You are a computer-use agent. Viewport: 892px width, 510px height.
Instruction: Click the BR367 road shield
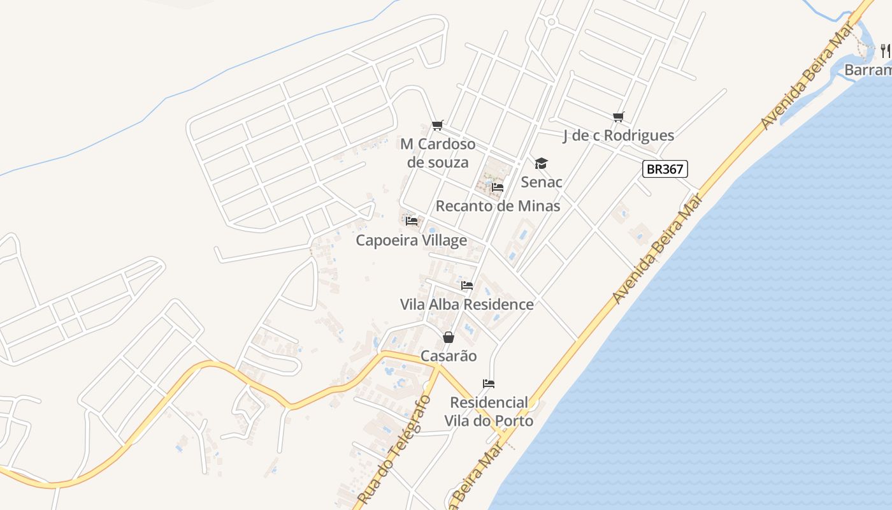pos(665,169)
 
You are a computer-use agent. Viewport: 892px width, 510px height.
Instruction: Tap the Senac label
pos(542,182)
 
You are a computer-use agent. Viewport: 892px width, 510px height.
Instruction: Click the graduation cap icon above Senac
pos(541,164)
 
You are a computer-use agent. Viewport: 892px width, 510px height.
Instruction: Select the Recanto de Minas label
pos(498,206)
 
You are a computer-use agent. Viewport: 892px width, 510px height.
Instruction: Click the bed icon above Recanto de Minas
pos(498,187)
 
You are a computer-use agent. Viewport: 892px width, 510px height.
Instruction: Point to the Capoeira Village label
pos(411,240)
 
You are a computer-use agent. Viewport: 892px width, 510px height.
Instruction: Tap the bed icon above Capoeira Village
pos(412,221)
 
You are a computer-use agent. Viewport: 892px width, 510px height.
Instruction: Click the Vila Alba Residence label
pos(466,304)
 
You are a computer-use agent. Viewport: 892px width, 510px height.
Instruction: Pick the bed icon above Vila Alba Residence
pos(467,286)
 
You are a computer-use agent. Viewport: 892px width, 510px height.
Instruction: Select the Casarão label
pos(449,356)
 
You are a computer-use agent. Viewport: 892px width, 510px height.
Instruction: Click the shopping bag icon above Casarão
pos(449,337)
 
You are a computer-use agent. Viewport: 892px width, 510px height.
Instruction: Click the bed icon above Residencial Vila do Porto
pos(489,384)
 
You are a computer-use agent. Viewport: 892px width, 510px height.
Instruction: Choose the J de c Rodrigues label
pos(618,135)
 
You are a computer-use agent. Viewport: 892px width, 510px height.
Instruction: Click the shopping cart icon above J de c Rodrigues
pos(618,117)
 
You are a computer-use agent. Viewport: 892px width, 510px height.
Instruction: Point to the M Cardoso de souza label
pos(438,153)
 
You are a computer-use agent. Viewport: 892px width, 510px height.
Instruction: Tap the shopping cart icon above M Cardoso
pos(437,125)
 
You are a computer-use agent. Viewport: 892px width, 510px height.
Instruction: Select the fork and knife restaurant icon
pos(885,50)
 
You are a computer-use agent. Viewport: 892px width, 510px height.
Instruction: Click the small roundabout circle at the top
pos(552,22)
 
